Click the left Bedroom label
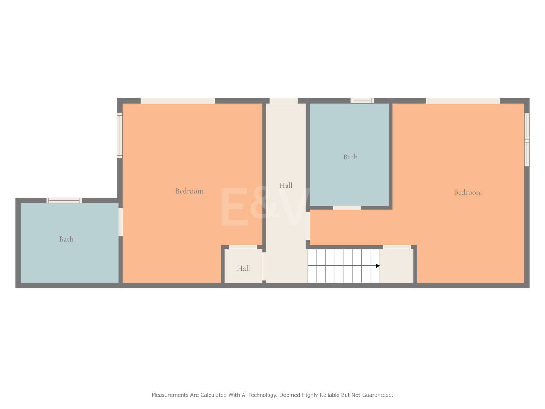189,191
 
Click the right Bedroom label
468,192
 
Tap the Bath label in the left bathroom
66,239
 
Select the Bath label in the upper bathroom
350,157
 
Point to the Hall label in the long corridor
285,185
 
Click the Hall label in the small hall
243,268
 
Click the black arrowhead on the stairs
377,266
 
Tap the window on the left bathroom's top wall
64,200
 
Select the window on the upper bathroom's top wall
362,101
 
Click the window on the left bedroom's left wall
120,135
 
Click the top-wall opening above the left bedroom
178,101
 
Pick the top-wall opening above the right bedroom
463,101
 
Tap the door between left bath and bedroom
121,222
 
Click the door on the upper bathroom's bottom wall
347,208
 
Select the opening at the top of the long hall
283,101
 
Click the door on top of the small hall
243,247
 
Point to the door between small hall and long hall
264,267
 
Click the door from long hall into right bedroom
308,226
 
